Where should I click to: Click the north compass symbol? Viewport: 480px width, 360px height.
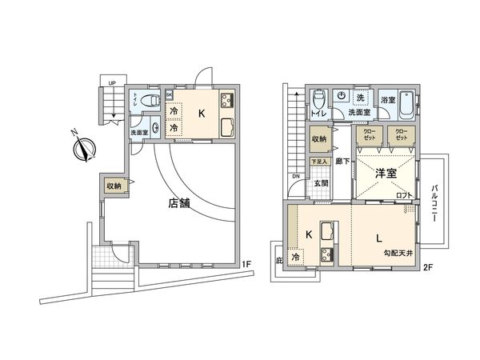(83, 150)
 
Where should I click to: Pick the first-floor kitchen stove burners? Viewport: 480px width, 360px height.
(225, 102)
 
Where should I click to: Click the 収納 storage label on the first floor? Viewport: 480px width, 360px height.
(114, 186)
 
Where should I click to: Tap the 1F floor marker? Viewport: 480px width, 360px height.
(246, 264)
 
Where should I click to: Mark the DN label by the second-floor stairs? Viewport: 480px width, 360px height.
(295, 177)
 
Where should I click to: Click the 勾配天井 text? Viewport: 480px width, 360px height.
(398, 253)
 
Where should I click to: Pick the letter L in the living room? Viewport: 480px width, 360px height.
(380, 236)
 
